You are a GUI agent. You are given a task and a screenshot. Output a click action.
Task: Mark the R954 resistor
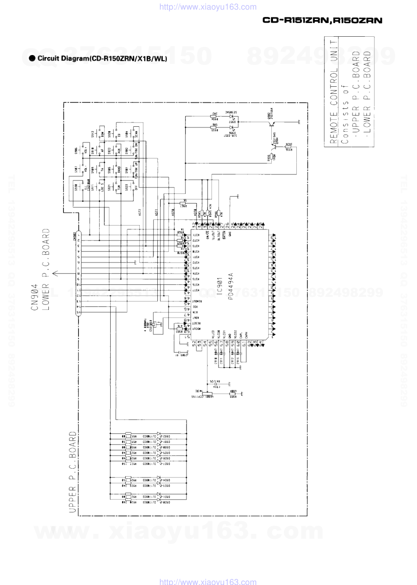pos(214,117)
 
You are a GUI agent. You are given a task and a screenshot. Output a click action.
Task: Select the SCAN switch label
pos(136,134)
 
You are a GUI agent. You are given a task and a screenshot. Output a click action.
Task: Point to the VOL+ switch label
pos(86,151)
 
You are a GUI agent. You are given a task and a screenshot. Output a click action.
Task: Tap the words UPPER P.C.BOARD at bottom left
pos(73,472)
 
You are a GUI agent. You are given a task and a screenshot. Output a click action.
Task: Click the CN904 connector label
pos(35,297)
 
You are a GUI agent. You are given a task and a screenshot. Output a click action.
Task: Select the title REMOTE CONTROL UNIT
pos(334,92)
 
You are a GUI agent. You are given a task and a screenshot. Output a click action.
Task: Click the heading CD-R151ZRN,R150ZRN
pos(322,20)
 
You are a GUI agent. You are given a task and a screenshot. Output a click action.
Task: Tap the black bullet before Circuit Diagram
pos(32,58)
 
